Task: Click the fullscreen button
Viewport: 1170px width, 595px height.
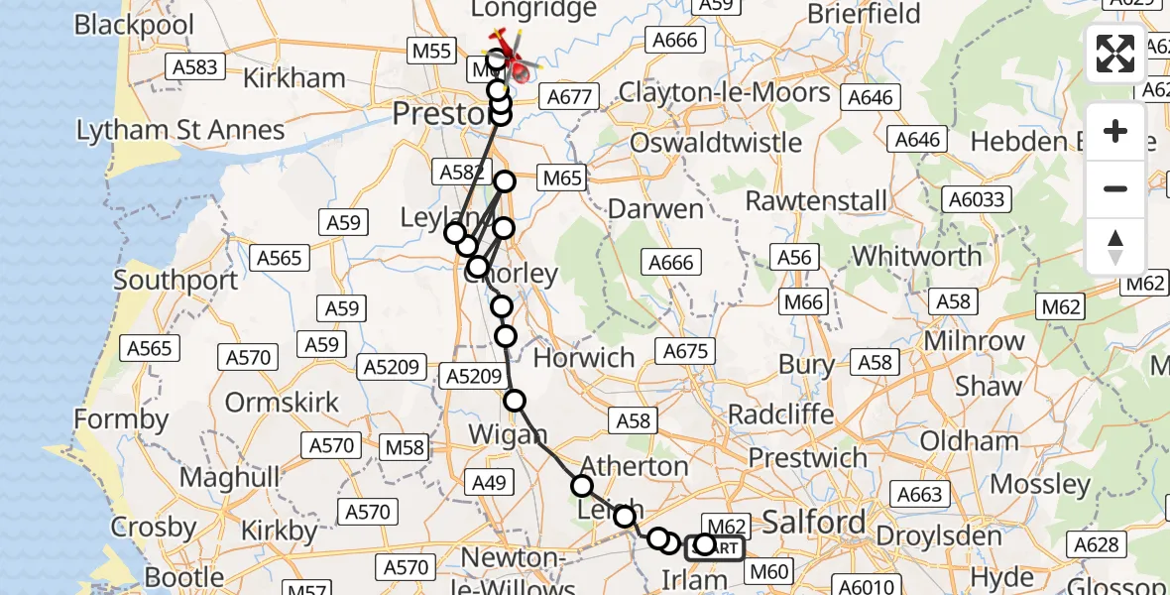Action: tap(1115, 54)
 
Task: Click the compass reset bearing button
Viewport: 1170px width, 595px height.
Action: tap(1115, 247)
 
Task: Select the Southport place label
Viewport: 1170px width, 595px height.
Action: tap(175, 280)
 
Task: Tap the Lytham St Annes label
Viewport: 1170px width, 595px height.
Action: tap(180, 130)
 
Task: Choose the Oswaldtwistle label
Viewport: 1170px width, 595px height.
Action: tap(716, 142)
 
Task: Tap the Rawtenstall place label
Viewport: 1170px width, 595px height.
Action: tap(817, 200)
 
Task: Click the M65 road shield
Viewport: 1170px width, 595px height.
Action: tap(561, 179)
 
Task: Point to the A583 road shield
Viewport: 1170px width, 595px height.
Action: tap(193, 66)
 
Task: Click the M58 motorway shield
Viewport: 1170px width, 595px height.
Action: tap(405, 447)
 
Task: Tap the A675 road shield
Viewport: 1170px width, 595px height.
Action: tap(686, 351)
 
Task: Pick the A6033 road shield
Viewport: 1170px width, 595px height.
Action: tap(976, 199)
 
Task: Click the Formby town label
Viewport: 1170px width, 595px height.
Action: tap(122, 419)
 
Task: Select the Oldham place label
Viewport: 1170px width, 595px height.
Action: tap(969, 441)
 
